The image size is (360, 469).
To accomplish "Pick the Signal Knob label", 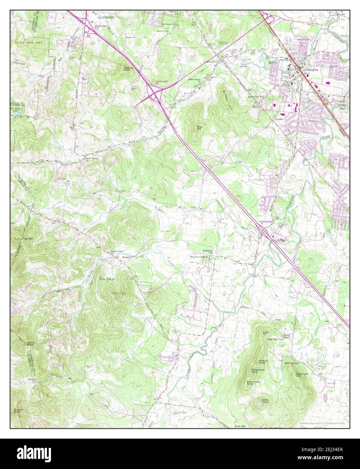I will [31, 344].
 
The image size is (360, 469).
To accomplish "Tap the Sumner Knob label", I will [18, 411].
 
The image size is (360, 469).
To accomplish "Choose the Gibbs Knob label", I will [264, 401].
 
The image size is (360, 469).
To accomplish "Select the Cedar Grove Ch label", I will [194, 80].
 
